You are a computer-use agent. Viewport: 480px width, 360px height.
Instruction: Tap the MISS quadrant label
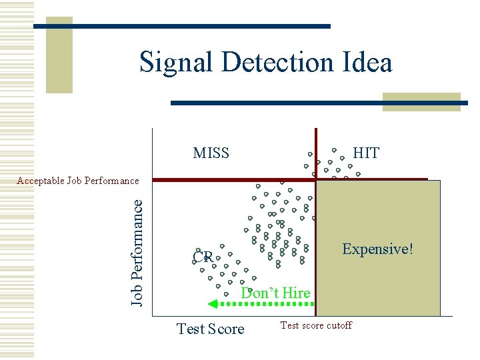[211, 153]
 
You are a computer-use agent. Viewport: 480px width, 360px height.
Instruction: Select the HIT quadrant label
[366, 153]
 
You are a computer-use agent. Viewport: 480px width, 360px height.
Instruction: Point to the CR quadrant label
[201, 257]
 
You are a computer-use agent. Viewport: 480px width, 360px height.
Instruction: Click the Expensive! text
[377, 249]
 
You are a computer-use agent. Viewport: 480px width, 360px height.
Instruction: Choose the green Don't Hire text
[276, 293]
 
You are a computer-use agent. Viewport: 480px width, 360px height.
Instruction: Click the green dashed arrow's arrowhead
[213, 304]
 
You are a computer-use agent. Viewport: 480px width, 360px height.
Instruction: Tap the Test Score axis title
[210, 329]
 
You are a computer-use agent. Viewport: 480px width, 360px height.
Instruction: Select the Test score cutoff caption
[315, 325]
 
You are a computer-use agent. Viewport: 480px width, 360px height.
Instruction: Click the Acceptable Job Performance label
[78, 181]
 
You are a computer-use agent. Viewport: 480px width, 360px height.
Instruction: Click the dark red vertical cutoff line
[315, 153]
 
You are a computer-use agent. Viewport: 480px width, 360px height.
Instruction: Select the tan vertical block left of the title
[59, 53]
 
